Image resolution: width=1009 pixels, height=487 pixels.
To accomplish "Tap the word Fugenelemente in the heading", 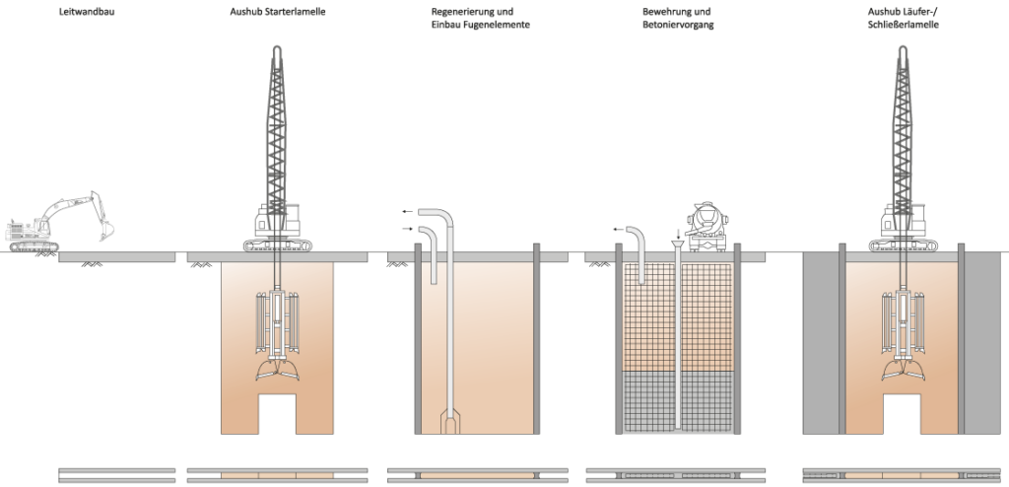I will pos(501,26).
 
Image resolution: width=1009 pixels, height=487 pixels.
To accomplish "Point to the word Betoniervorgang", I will pos(671,26).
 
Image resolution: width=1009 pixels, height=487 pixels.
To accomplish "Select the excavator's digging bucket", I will pos(104,230).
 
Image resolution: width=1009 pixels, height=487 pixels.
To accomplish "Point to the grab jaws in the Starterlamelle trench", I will pos(277,371).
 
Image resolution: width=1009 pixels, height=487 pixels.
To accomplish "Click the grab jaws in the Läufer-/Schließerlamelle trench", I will pos(901,371).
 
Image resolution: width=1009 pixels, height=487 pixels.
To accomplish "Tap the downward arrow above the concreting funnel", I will pos(677,235).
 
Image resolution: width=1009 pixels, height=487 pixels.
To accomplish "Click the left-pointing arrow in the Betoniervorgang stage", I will pos(619,230).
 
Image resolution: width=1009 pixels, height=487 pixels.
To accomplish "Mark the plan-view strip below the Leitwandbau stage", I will pos(117,475).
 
